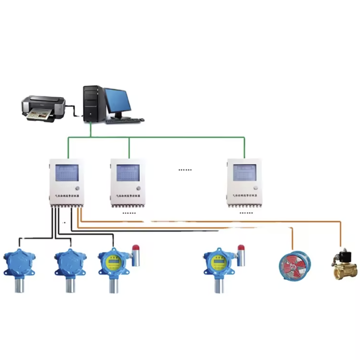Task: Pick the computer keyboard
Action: pos(125,120)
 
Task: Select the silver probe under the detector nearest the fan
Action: pos(219,284)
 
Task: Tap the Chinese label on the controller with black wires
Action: pos(66,196)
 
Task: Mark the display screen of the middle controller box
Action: pos(128,173)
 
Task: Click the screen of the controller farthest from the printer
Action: pos(245,173)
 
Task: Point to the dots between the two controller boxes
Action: pos(185,170)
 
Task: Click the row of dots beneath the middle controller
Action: pos(129,213)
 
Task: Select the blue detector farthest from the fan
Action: pos(19,264)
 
